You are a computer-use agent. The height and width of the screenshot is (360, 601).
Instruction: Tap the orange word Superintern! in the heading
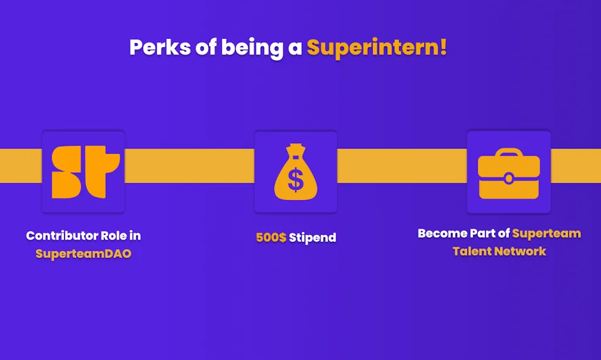click(377, 48)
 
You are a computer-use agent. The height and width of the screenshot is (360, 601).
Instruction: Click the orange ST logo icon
click(84, 171)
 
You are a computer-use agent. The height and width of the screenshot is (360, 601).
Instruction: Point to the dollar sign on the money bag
click(296, 180)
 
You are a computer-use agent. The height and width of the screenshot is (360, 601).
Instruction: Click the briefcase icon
click(508, 173)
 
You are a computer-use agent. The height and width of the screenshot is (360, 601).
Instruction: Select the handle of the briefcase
click(508, 154)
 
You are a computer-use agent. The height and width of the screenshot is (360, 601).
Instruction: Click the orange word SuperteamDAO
click(83, 254)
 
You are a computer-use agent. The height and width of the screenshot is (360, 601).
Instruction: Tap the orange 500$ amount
click(271, 238)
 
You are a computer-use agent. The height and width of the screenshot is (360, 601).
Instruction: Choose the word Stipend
click(312, 238)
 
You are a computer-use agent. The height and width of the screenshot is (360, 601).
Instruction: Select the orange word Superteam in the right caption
click(546, 234)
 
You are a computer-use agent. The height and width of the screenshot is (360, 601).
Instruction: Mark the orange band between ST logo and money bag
click(189, 166)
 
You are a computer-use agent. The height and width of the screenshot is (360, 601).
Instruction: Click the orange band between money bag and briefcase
click(401, 166)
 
